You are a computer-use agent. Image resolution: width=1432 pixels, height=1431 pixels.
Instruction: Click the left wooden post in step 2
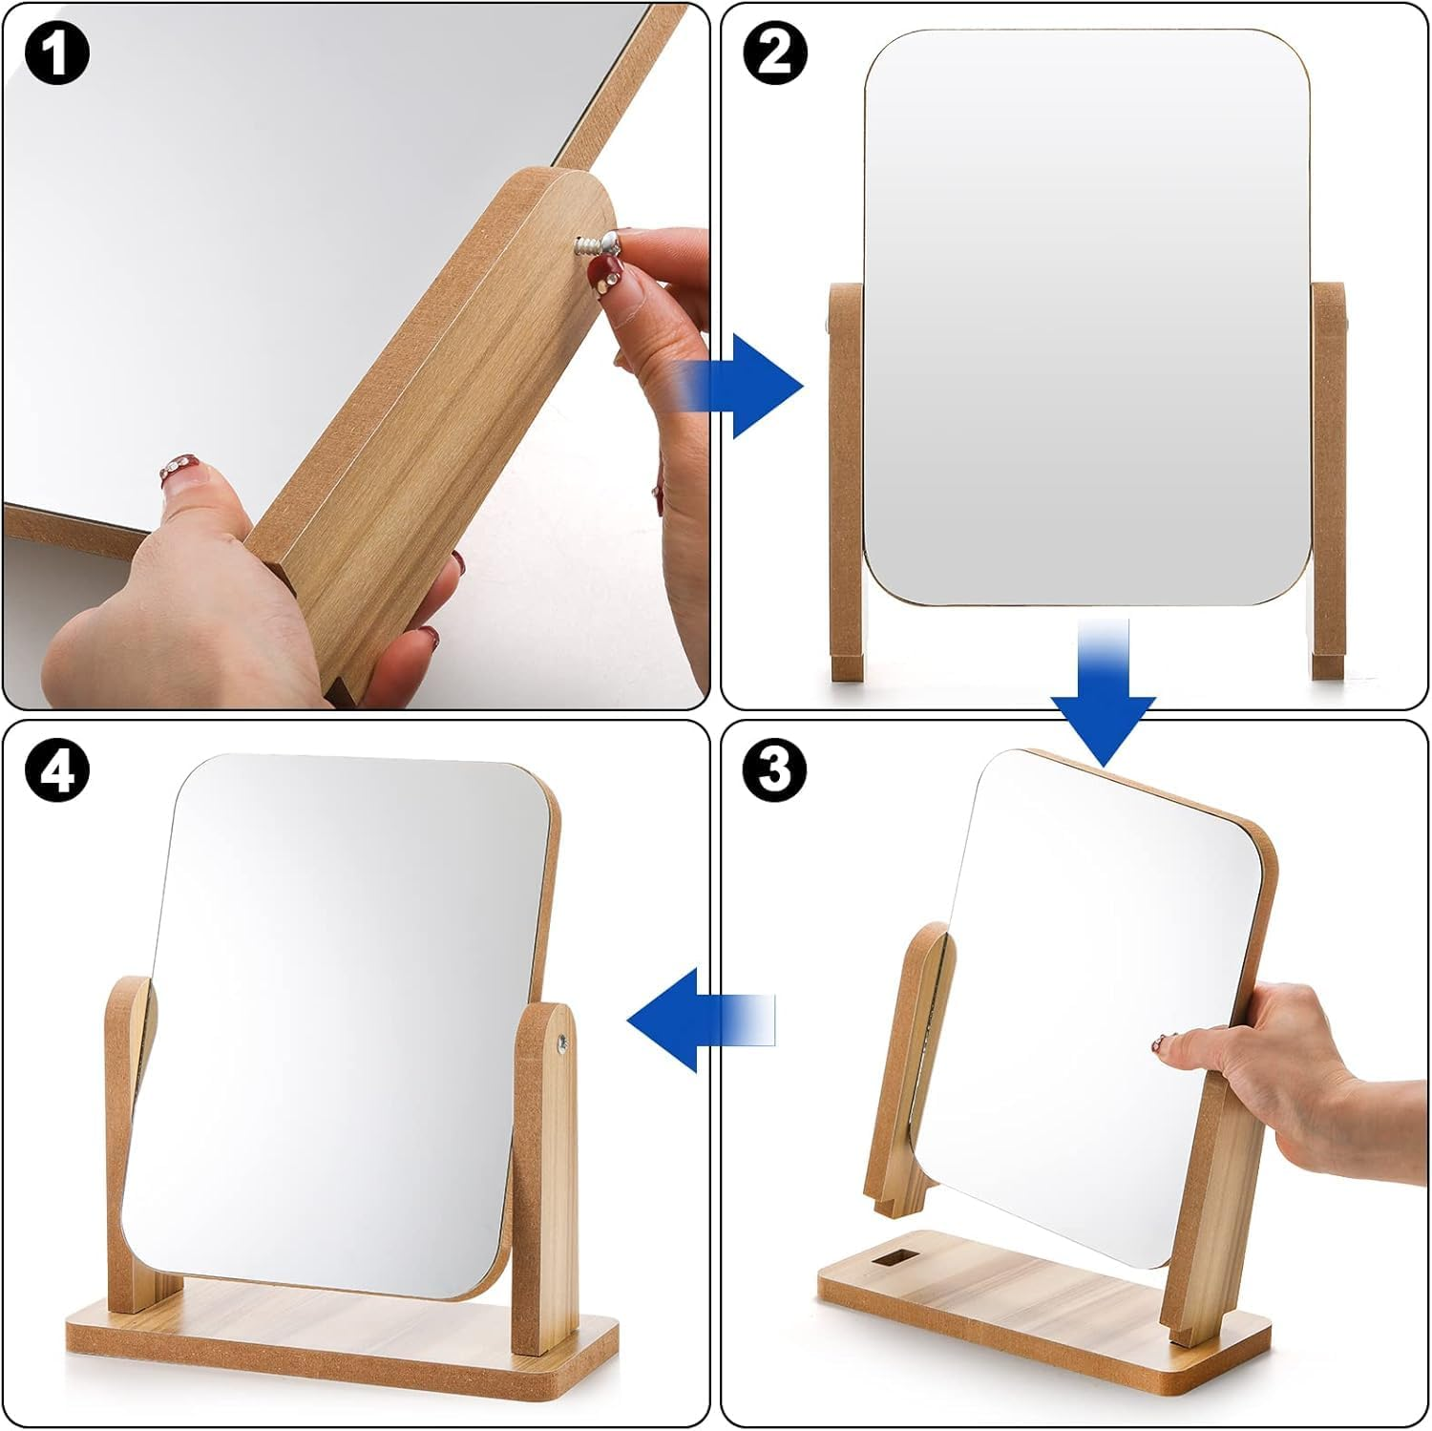[846, 477]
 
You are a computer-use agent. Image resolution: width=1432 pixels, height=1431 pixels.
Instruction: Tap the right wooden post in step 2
[1329, 477]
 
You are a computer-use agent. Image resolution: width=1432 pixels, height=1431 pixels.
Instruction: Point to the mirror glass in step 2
[1088, 315]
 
